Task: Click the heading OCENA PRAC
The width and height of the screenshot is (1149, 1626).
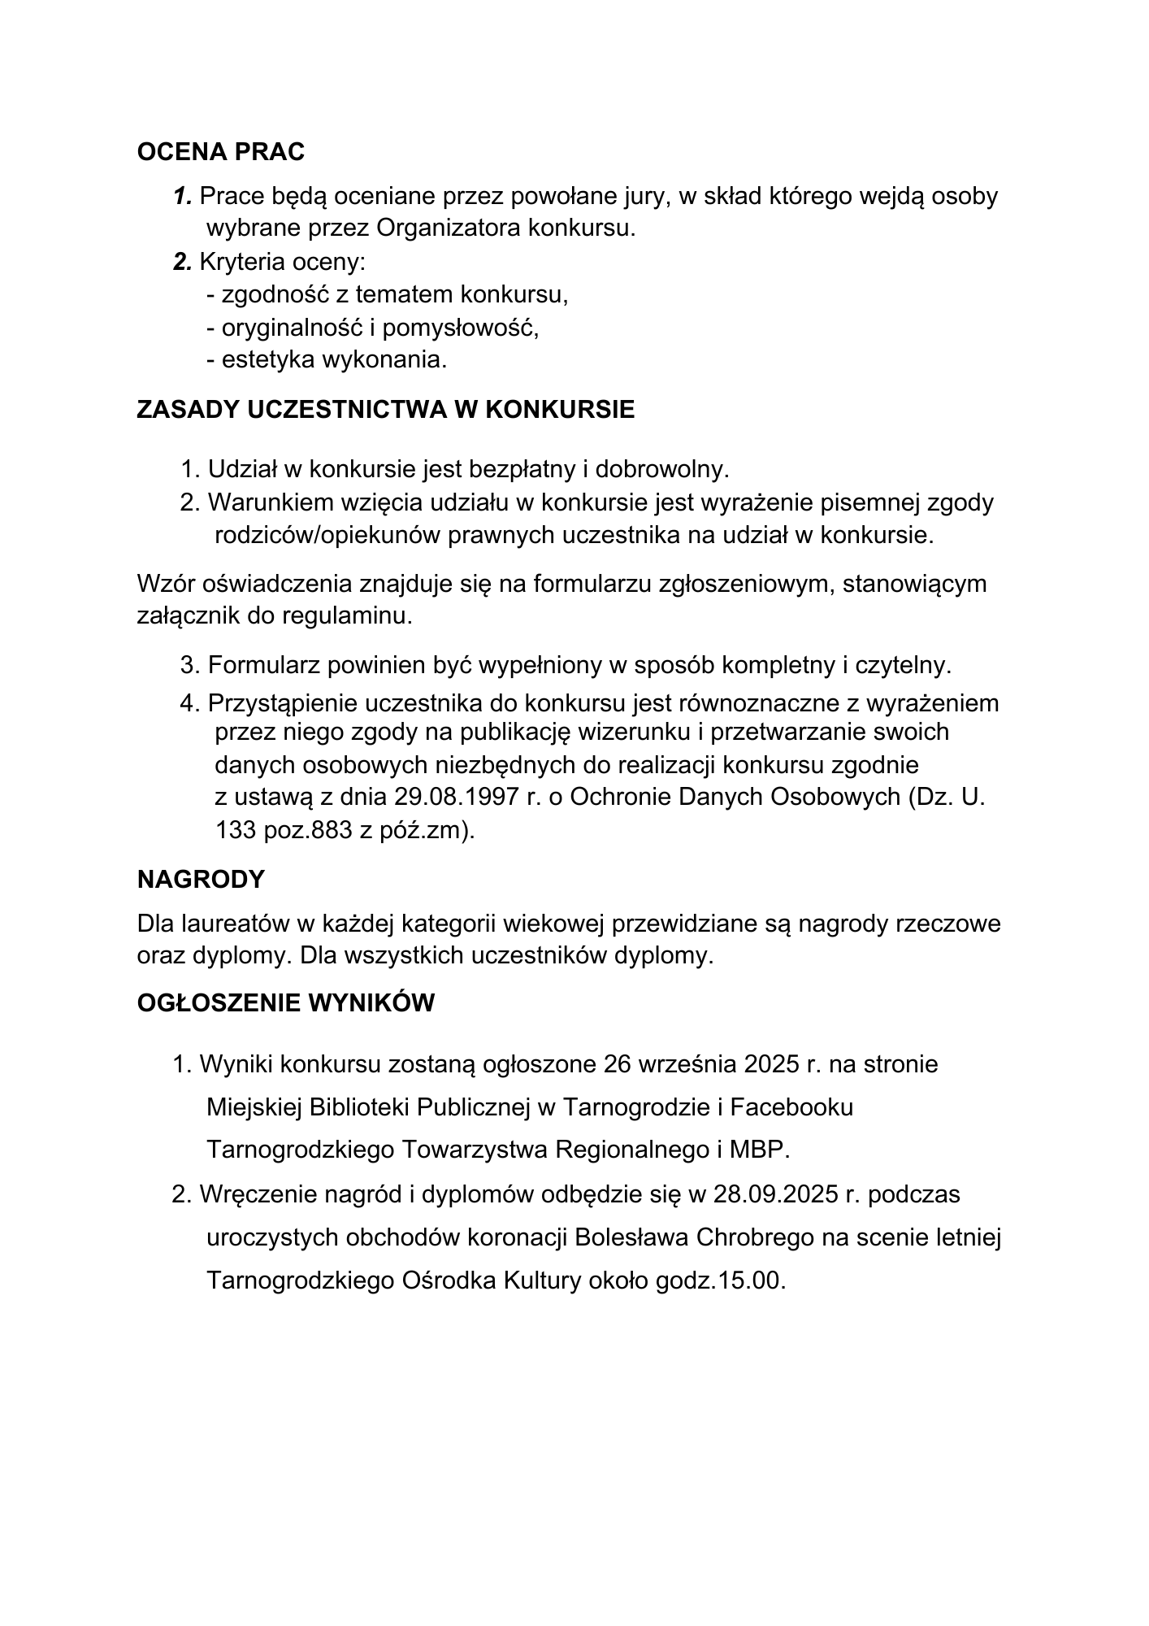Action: [x=221, y=152]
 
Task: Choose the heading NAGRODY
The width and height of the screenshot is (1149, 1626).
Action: [x=201, y=880]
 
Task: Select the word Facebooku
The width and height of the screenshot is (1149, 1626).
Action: [x=791, y=1107]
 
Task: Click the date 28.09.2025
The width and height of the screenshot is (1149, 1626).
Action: [x=775, y=1194]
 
